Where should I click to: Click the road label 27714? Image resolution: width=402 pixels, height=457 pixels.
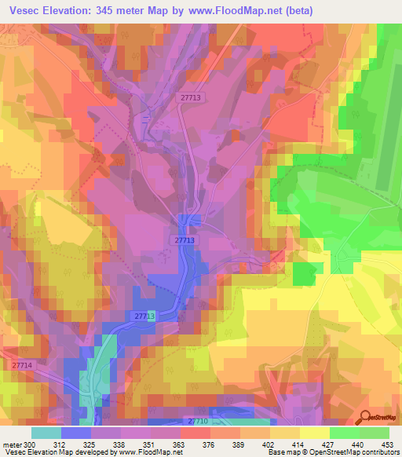pos(22,365)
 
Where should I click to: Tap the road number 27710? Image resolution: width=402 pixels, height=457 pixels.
pos(199,422)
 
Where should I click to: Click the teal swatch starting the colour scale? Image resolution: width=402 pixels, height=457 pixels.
pos(46,433)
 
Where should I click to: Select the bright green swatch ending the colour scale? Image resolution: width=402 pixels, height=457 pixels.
pos(375,433)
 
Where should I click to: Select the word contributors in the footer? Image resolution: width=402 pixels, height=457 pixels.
pos(377,452)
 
